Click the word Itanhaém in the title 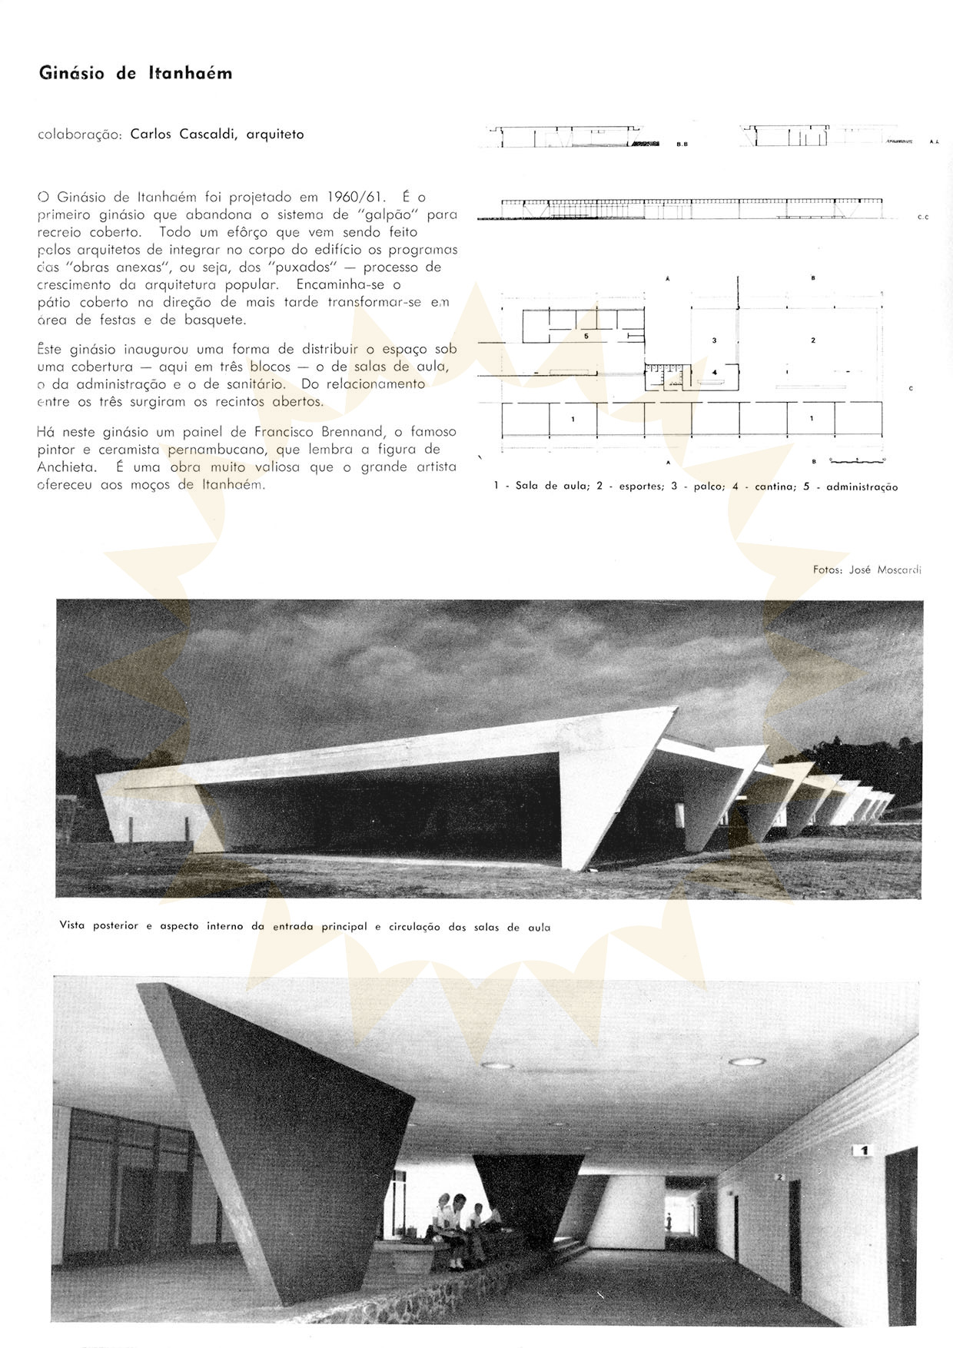[190, 74]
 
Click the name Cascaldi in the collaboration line [210, 134]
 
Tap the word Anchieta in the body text [67, 467]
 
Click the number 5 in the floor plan [586, 336]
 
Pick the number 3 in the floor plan [714, 340]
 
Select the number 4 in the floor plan [715, 372]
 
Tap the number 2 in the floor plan [812, 340]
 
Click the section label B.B [682, 144]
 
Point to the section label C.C [923, 217]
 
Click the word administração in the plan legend [862, 486]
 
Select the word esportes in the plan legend [641, 486]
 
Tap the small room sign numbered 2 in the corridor [779, 1198]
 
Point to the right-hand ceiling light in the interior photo [746, 1061]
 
